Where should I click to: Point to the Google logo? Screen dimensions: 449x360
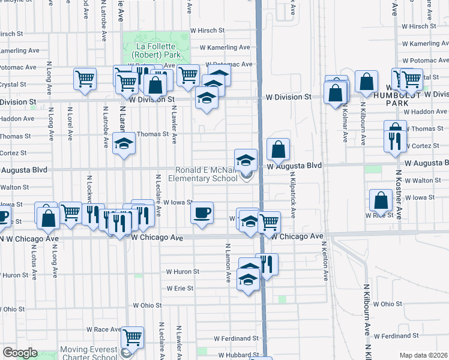pyautogui.click(x=20, y=353)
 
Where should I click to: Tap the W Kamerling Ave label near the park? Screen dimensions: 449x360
pyautogui.click(x=224, y=47)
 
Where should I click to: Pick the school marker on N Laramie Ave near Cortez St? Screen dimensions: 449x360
pyautogui.click(x=124, y=144)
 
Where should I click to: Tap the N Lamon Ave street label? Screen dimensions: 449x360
pyautogui.click(x=228, y=263)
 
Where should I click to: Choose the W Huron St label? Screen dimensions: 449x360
pyautogui.click(x=183, y=272)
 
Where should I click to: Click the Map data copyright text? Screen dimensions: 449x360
pyautogui.click(x=424, y=355)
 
